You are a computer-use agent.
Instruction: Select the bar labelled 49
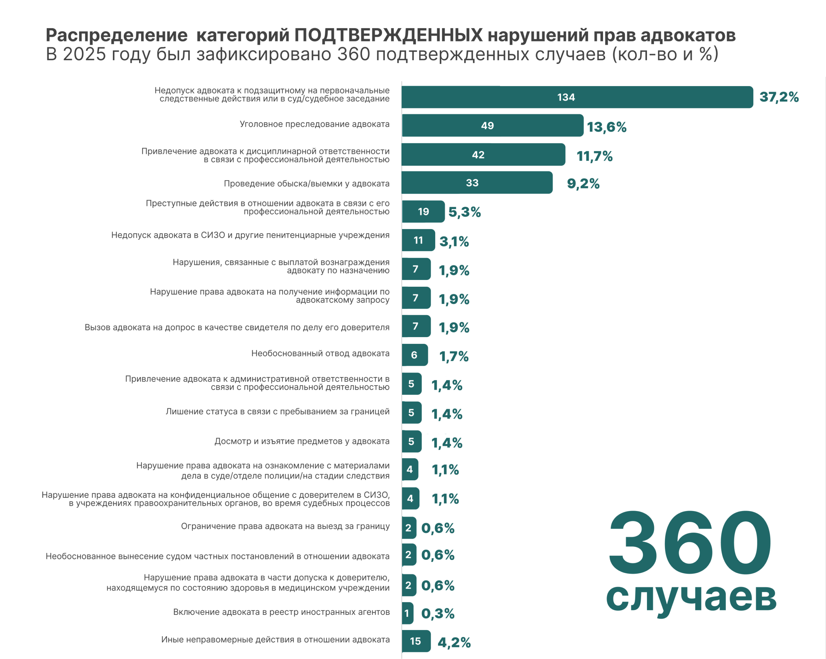pyautogui.click(x=493, y=125)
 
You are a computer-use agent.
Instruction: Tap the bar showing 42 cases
pyautogui.click(x=483, y=155)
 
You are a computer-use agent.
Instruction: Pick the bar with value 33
pyautogui.click(x=477, y=183)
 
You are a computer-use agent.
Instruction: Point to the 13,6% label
pyautogui.click(x=607, y=127)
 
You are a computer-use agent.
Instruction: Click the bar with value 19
pyautogui.click(x=423, y=211)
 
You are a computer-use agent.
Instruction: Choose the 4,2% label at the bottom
pyautogui.click(x=454, y=643)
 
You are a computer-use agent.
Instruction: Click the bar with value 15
pyautogui.click(x=416, y=641)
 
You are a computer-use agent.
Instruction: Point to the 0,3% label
pyautogui.click(x=438, y=614)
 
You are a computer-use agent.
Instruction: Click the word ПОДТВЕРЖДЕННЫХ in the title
pyautogui.click(x=388, y=35)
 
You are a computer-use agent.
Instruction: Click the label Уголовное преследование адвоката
pyautogui.click(x=315, y=124)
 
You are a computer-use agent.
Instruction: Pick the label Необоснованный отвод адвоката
pyautogui.click(x=320, y=354)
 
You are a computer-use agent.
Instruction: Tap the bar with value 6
pyautogui.click(x=415, y=355)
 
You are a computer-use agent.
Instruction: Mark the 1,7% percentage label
pyautogui.click(x=454, y=357)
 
